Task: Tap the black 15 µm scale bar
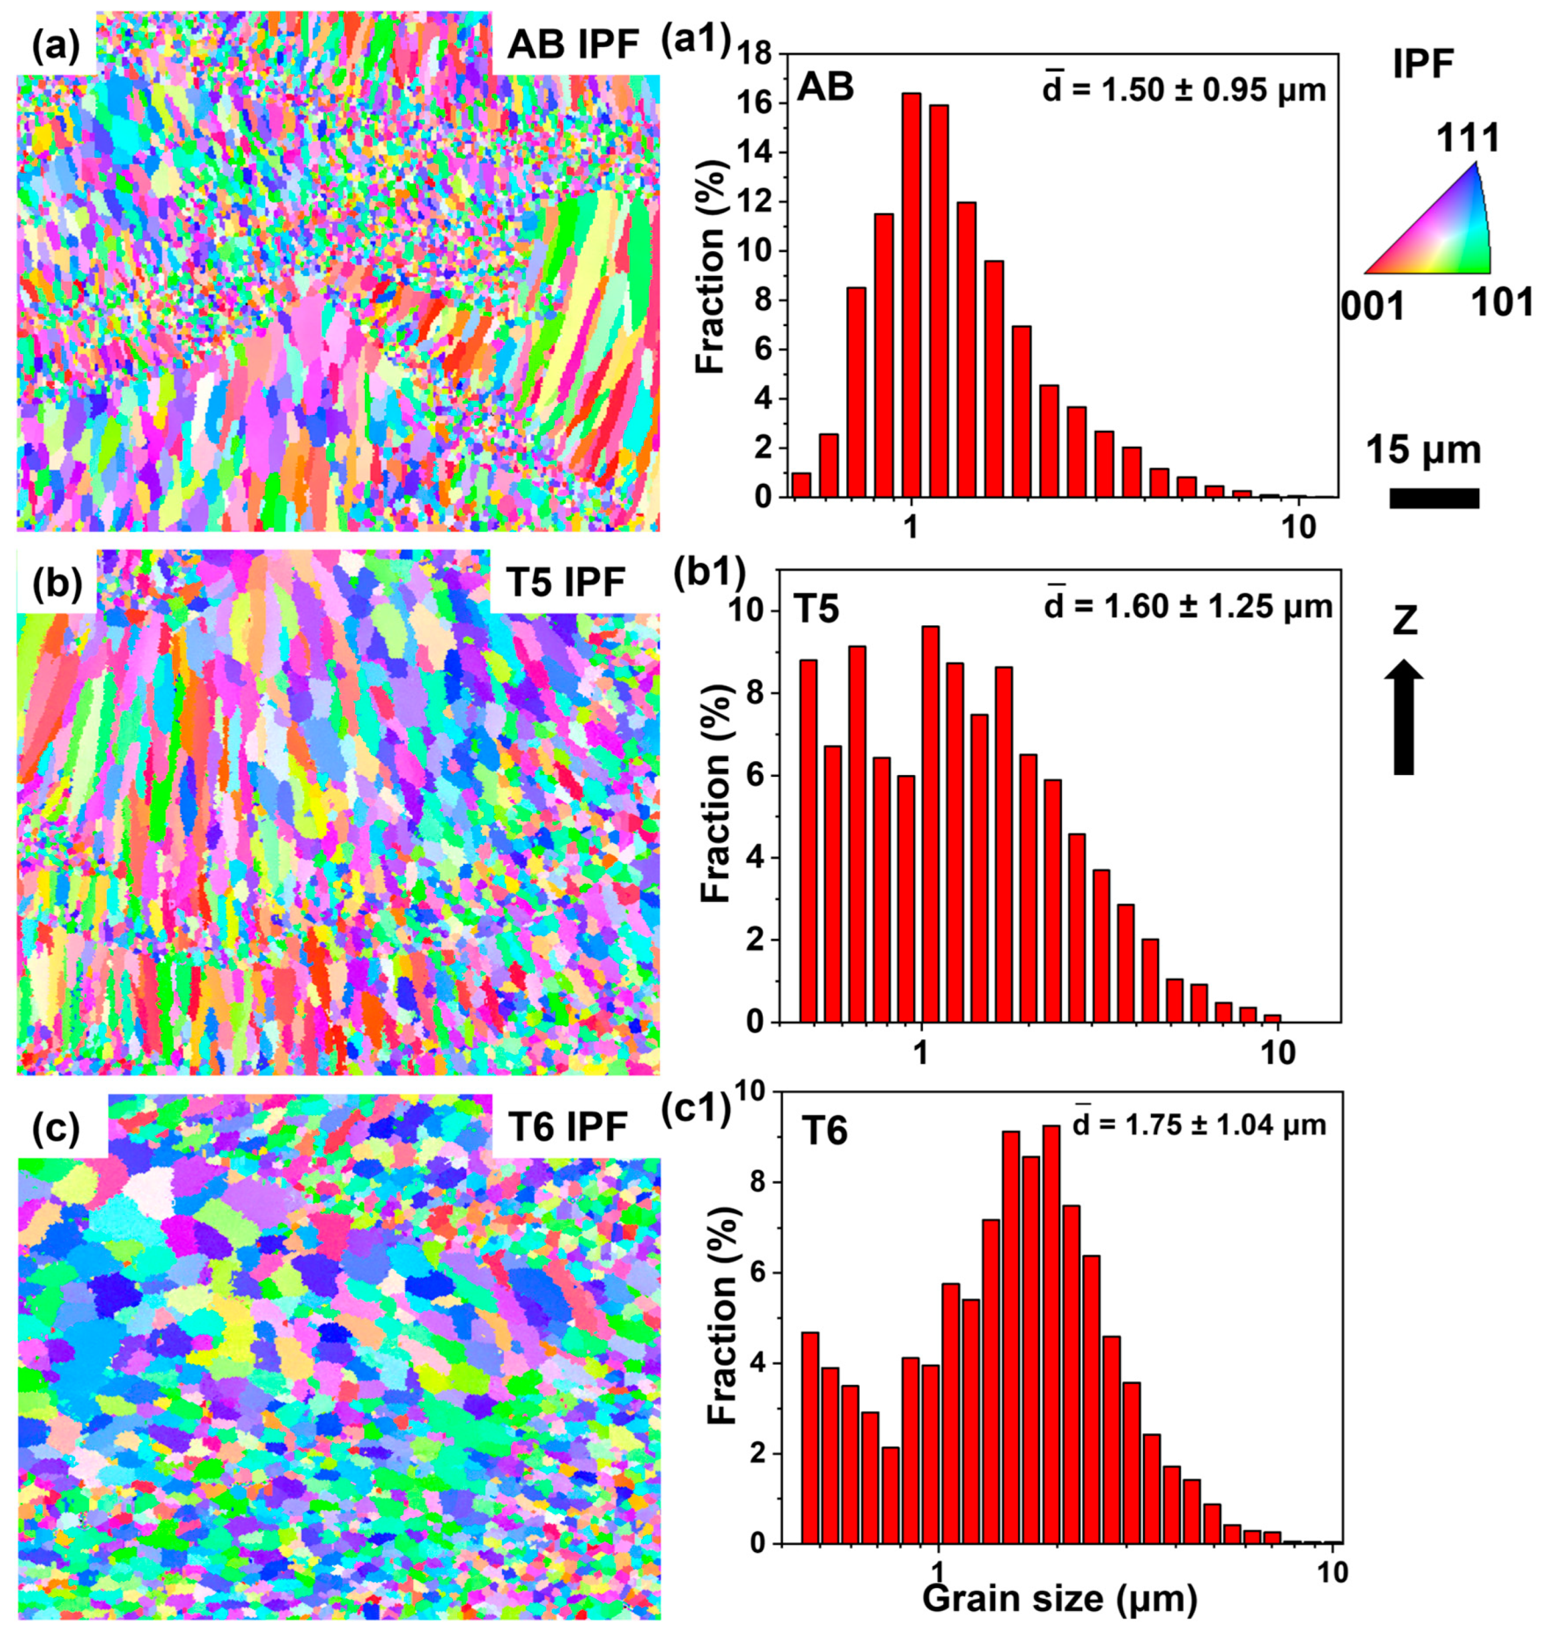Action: [1434, 498]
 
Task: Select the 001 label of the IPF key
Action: [1372, 307]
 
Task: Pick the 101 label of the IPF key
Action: [1501, 303]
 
